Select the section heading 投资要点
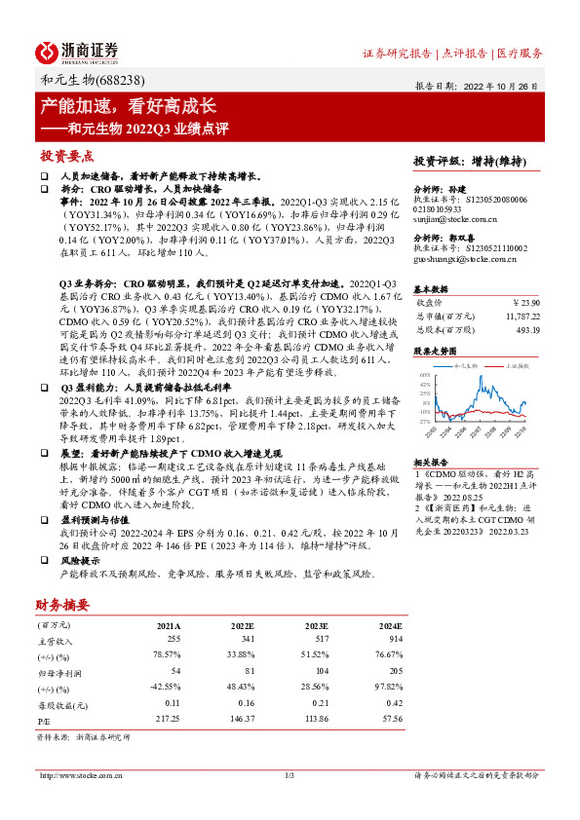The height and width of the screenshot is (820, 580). click(x=67, y=155)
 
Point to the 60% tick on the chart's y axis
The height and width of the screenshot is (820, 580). click(x=425, y=374)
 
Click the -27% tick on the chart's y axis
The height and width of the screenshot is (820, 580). click(x=424, y=422)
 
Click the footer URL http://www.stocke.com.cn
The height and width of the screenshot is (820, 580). click(x=83, y=775)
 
